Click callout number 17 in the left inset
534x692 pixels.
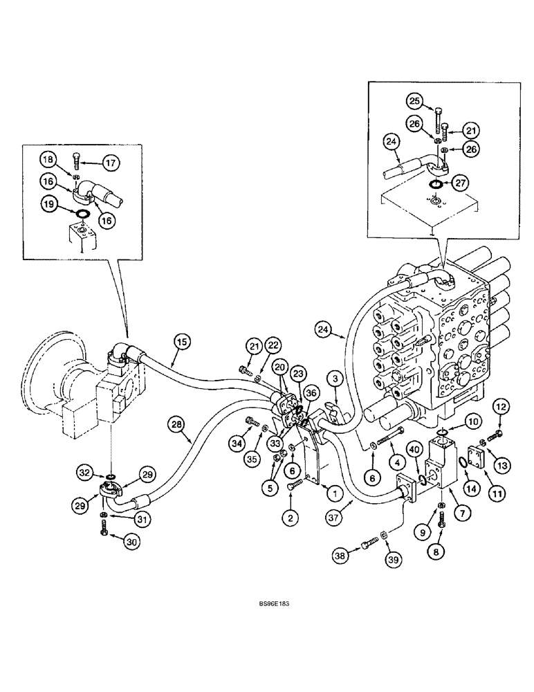pyautogui.click(x=112, y=163)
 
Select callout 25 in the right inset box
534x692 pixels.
pyautogui.click(x=413, y=102)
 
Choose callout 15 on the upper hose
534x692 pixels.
pyautogui.click(x=181, y=340)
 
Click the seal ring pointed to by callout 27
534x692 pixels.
pyautogui.click(x=436, y=185)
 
